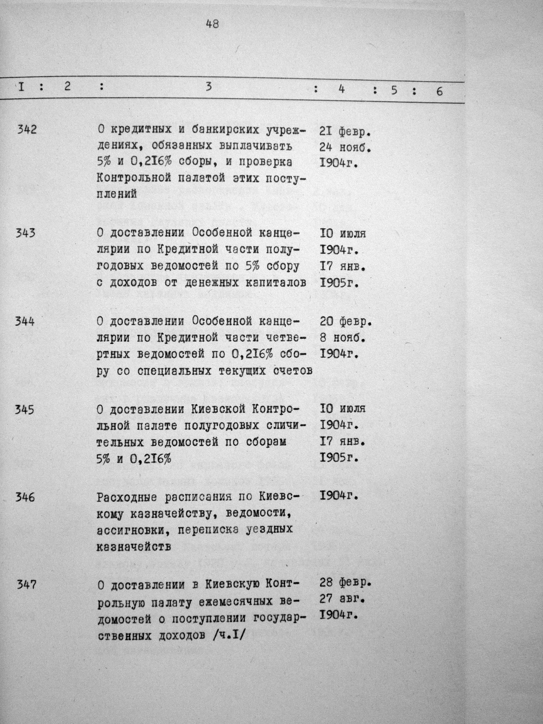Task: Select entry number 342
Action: [27, 130]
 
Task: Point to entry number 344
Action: [25, 322]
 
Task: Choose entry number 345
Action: [25, 409]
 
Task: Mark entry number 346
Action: [25, 497]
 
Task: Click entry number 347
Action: [26, 585]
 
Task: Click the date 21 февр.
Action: [346, 132]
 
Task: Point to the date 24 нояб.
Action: [345, 149]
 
